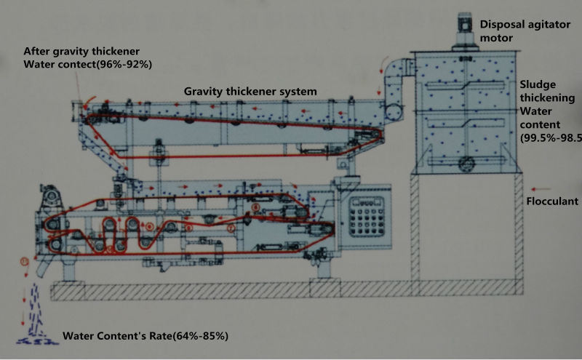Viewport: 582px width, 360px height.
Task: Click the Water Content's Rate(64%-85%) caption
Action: tap(145, 336)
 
